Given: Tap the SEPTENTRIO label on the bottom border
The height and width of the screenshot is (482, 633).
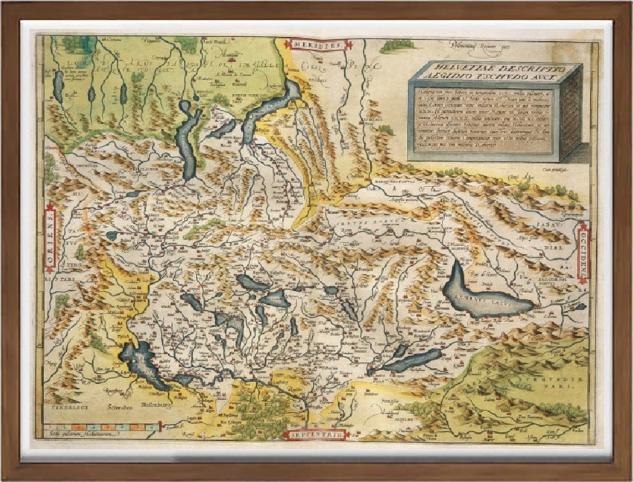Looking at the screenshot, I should click(x=316, y=434).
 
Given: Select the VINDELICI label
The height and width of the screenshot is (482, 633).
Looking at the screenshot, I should click(x=62, y=406).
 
